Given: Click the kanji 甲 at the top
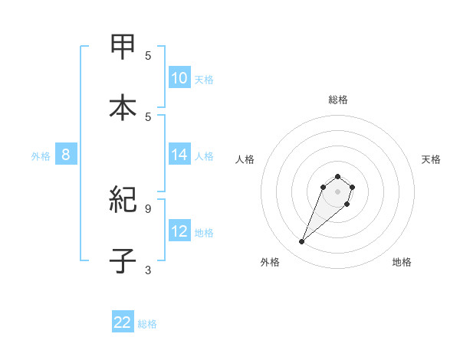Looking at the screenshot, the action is pos(123,47).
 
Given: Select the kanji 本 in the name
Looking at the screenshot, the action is pos(123,106).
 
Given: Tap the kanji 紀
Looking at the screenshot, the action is pos(123,201).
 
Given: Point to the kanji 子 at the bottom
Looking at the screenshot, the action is pos(123,260).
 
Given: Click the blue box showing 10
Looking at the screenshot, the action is pos(179,78).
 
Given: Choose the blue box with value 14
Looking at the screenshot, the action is pos(179,155).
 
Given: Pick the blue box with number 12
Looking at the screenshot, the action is pos(179,231).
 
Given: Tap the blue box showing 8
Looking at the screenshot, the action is pos(65,155).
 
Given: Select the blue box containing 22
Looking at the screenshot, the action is pos(123,322).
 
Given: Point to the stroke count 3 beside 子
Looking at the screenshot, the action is pos(148,270).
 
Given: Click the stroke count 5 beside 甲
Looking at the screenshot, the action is pos(148,55).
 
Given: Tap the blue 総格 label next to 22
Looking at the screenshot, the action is pos(147,324).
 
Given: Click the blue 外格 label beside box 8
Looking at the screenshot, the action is pos(41,156).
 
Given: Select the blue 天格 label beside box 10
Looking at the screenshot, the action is pos(204,80).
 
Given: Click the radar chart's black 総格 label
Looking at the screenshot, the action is pos(338,100).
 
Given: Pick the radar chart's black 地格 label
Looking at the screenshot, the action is pos(402,262).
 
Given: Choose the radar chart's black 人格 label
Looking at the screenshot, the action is pos(245,159).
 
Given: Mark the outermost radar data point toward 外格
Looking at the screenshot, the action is pos(301,242).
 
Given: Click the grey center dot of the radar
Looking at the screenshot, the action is pos(337,191).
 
